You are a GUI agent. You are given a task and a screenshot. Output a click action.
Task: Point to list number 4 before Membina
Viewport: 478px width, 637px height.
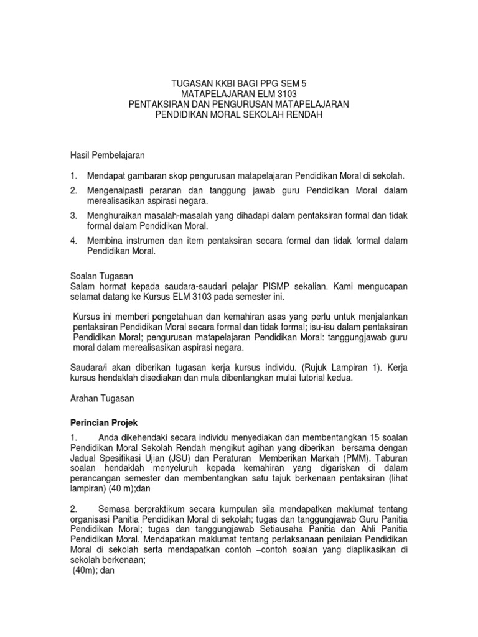tap(73, 241)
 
